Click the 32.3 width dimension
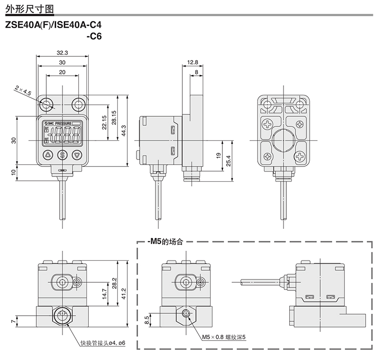[x=62, y=52]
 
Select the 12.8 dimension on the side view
[x=192, y=62]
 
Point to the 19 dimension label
[x=217, y=155]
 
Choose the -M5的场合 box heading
[x=165, y=241]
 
